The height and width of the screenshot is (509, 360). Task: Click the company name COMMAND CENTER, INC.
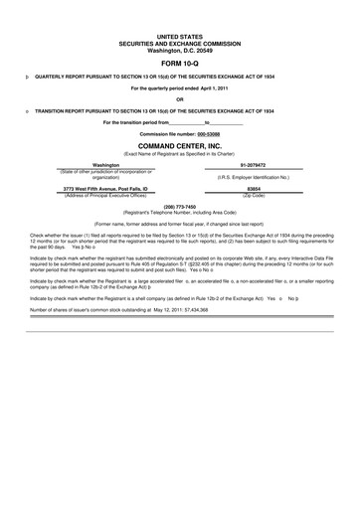(x=179, y=145)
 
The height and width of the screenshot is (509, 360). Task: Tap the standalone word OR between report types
(x=179, y=98)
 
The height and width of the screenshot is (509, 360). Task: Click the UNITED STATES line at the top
(x=179, y=34)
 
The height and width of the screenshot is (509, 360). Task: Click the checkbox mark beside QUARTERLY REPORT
(x=24, y=77)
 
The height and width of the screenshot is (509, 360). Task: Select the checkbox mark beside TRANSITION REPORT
(x=24, y=110)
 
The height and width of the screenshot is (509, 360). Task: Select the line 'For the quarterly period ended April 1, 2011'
(x=179, y=87)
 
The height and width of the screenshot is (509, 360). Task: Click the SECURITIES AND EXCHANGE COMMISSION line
(x=179, y=41)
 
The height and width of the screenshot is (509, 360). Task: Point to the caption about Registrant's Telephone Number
(x=179, y=213)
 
